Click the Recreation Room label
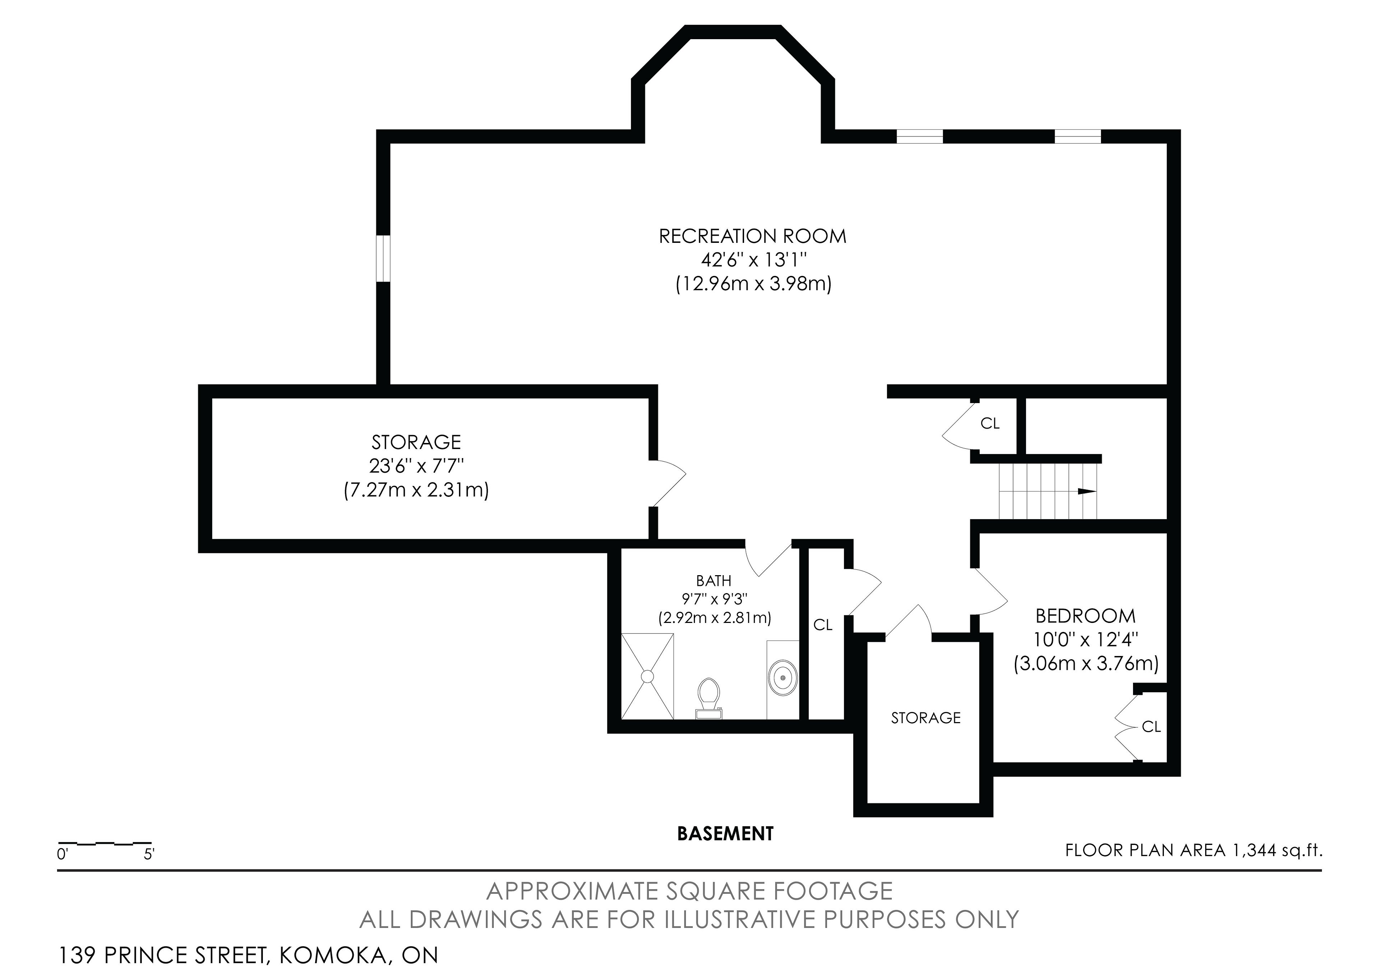[753, 236]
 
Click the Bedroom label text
[1086, 616]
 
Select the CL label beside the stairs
[990, 424]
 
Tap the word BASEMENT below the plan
[725, 834]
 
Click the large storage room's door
[667, 484]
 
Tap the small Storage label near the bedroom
[925, 718]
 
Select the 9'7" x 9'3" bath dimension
[714, 599]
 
